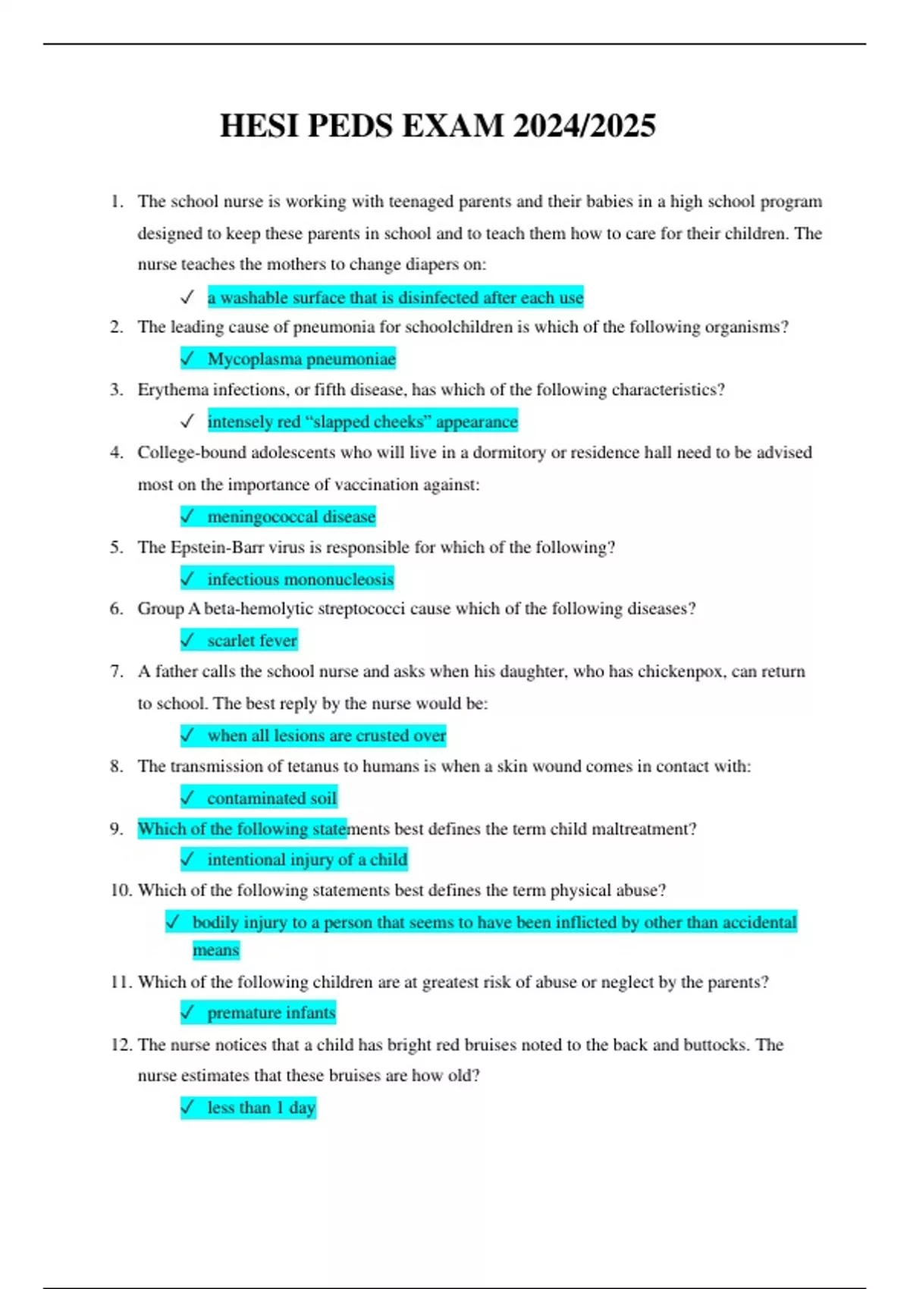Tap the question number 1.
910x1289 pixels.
tap(115, 202)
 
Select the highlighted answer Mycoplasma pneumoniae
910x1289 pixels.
tap(301, 359)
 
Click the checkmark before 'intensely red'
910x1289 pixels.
tap(187, 422)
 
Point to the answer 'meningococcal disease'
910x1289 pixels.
tap(291, 516)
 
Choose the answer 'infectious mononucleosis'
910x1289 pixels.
tap(300, 579)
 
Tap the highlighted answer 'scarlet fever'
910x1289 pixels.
tap(252, 641)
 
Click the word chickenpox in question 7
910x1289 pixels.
tap(680, 672)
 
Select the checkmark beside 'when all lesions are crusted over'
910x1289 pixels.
tap(187, 735)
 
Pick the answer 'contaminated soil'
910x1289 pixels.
tap(271, 798)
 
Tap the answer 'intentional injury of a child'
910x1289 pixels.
tap(307, 860)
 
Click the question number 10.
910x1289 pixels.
tap(121, 890)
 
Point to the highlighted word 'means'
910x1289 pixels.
tap(215, 950)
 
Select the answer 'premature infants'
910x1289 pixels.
tap(271, 1013)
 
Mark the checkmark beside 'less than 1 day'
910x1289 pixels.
tap(187, 1108)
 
